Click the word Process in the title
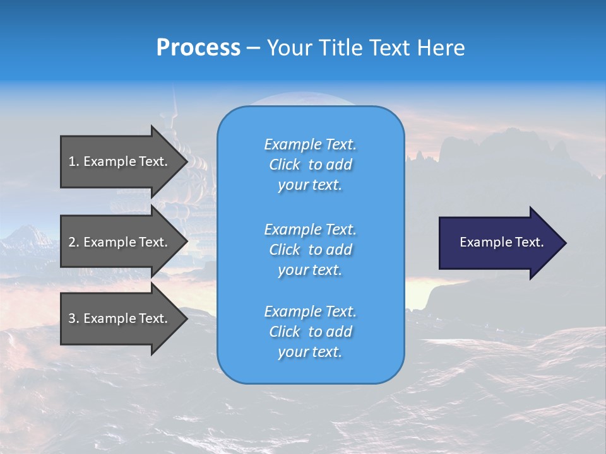click(198, 48)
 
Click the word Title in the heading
click(341, 48)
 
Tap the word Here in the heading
click(441, 48)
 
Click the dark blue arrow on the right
click(499, 242)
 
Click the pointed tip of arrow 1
click(185, 161)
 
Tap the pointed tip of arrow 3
click(185, 318)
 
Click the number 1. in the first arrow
click(74, 161)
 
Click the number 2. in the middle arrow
click(74, 242)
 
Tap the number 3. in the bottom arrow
click(74, 318)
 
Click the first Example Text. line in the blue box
click(310, 144)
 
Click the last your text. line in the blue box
click(310, 352)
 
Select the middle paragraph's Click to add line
click(310, 250)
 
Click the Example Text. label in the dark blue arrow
click(501, 242)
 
